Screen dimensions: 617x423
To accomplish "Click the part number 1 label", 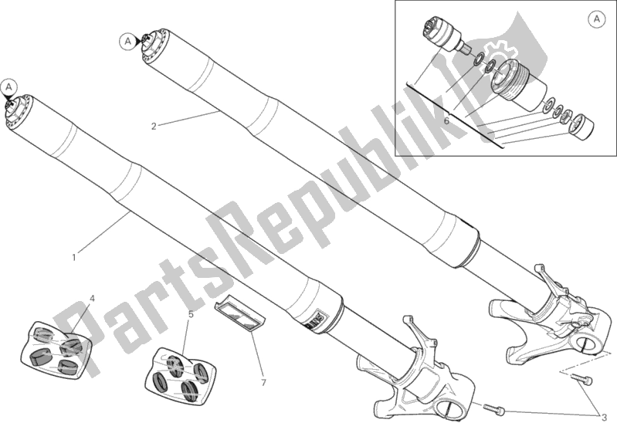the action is [x=74, y=258].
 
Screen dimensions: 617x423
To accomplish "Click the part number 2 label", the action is [x=154, y=127].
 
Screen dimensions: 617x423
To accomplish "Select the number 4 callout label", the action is [x=92, y=299].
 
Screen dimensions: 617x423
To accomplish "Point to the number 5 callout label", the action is [x=191, y=314].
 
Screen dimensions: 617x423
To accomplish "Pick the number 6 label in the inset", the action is [x=446, y=120].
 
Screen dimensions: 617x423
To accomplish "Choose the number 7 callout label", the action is [x=263, y=382].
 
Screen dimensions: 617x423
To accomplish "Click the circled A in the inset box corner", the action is [x=597, y=19].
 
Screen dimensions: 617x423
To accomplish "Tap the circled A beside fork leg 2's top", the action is [x=127, y=41].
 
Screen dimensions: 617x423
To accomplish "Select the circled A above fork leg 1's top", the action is [x=9, y=86].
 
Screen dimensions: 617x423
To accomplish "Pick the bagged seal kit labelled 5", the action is [x=184, y=376].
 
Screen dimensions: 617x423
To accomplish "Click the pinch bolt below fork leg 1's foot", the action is [x=494, y=408].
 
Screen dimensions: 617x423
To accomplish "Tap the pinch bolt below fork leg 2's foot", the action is [x=581, y=378].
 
